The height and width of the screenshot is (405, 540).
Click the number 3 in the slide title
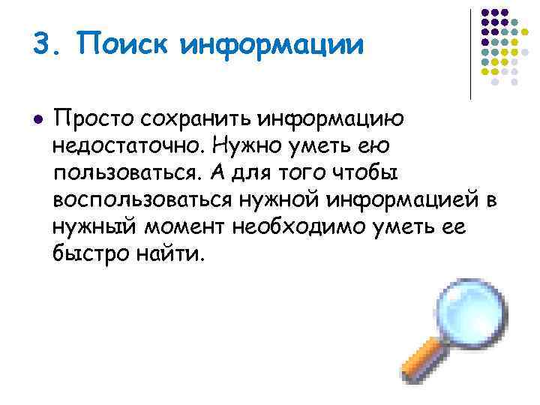pyautogui.click(x=42, y=43)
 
